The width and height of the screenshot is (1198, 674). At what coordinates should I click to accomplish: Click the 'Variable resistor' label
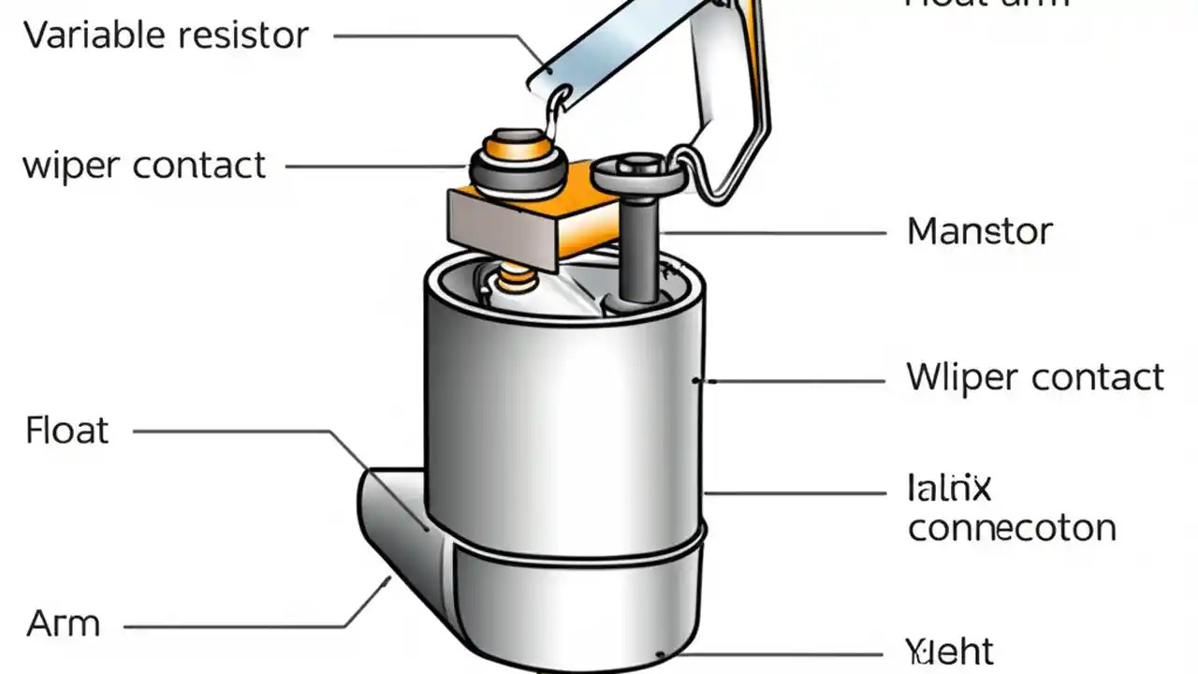click(x=166, y=37)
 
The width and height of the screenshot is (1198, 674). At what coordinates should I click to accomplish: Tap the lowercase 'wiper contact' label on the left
click(x=144, y=166)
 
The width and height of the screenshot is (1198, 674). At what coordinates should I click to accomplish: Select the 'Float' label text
click(x=67, y=431)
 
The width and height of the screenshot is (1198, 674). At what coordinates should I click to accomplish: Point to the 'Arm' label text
click(x=63, y=623)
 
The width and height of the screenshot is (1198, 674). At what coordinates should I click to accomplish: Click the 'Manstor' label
click(x=980, y=231)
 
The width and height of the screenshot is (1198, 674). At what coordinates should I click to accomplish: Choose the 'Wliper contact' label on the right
click(x=1035, y=377)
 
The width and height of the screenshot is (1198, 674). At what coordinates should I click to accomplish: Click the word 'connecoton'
click(x=1012, y=528)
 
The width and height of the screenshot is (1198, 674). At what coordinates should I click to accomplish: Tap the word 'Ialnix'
click(x=949, y=488)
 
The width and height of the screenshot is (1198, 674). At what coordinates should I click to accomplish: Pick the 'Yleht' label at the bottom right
click(x=949, y=652)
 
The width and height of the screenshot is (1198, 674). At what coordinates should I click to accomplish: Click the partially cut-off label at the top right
click(x=986, y=4)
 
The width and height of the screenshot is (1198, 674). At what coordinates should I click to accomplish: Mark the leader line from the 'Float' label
click(x=234, y=432)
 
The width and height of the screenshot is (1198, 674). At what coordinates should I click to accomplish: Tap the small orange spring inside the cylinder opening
click(x=514, y=277)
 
